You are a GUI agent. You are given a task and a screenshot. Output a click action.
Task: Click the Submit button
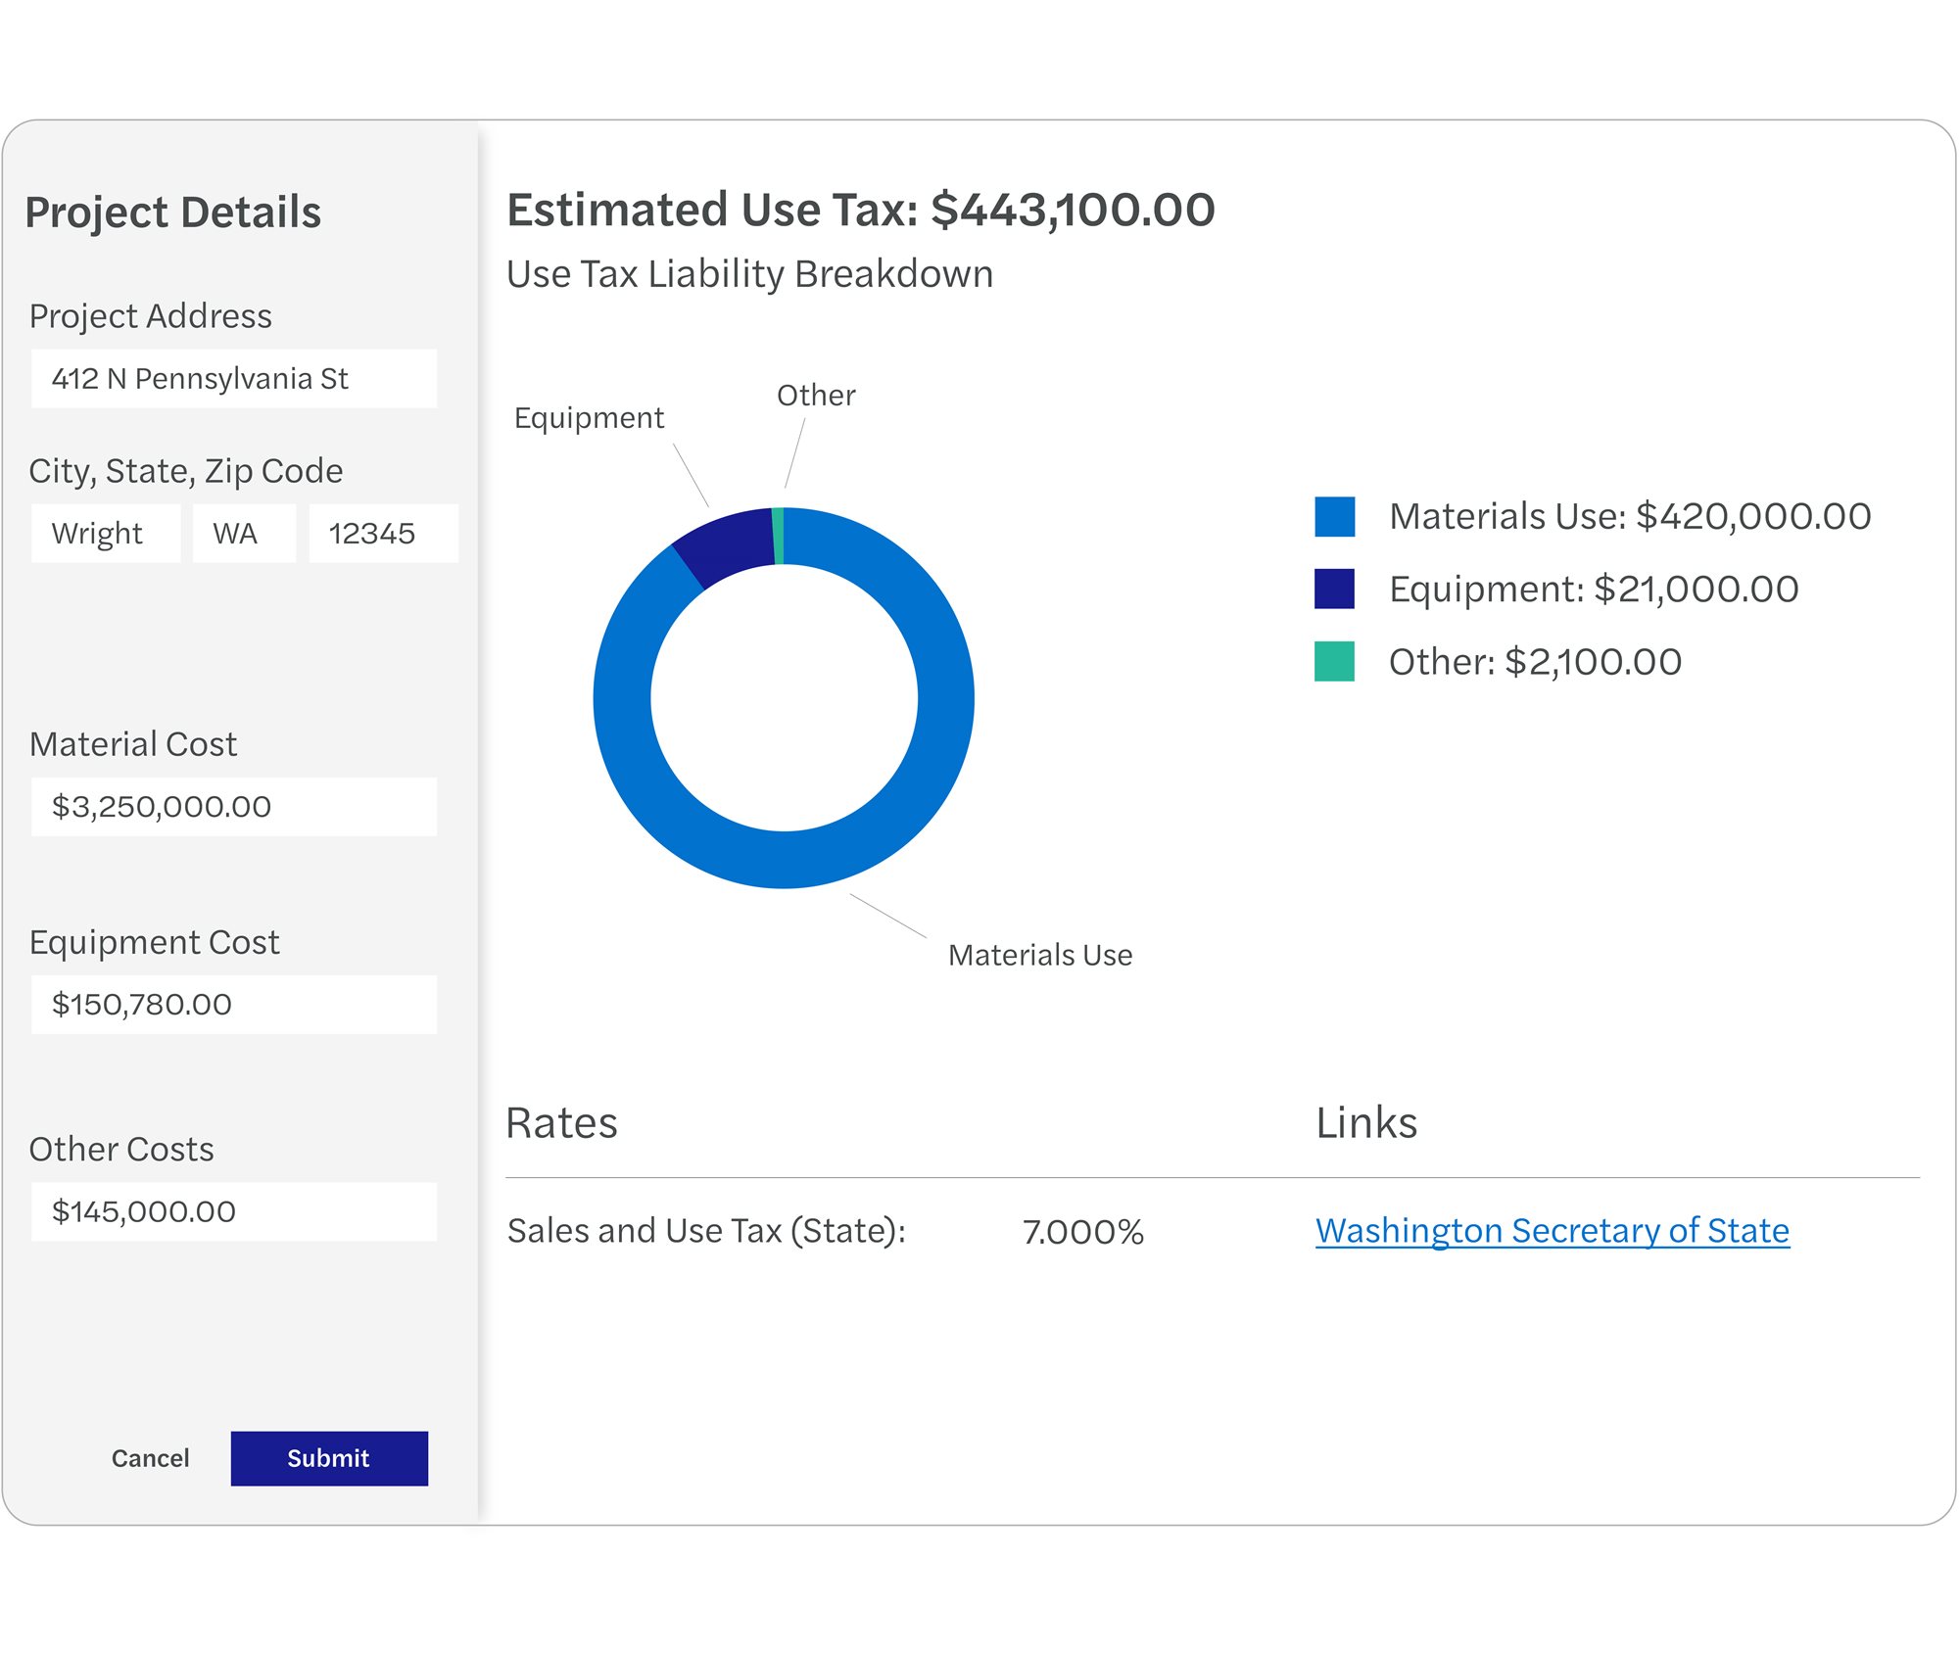[329, 1458]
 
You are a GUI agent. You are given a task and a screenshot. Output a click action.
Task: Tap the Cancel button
[150, 1458]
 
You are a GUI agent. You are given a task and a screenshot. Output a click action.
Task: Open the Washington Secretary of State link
[1552, 1230]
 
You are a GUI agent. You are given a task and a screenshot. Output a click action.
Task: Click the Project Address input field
[233, 379]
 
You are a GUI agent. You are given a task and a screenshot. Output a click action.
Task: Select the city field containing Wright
[106, 534]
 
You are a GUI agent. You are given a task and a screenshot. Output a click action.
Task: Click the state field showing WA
[244, 534]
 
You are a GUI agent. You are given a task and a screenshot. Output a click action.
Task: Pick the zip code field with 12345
[383, 534]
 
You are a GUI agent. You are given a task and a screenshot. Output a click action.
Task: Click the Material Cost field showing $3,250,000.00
[233, 807]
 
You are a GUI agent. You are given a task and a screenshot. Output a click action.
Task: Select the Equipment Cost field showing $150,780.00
[233, 1005]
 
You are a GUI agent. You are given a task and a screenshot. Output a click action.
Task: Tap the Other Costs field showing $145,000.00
[233, 1212]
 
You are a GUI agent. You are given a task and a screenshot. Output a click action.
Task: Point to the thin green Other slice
[778, 536]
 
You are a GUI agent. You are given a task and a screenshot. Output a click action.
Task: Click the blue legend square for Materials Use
[1334, 516]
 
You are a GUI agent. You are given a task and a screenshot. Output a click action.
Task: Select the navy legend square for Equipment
[1334, 589]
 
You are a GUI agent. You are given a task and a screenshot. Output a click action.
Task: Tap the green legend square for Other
[1334, 661]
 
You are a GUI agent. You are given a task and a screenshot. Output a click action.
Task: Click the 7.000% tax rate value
[1083, 1232]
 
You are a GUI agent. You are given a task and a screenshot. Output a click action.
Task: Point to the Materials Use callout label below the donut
[1039, 955]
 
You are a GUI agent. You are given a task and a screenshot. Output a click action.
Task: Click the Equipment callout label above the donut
[589, 418]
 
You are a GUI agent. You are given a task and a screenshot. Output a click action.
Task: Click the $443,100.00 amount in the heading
[1073, 210]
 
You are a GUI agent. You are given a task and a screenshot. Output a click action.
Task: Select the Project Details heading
[173, 213]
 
